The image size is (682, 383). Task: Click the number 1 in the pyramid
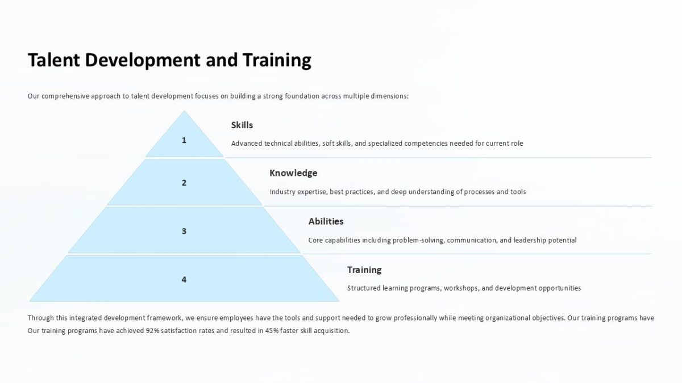click(x=184, y=140)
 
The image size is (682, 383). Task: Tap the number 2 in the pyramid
click(x=184, y=183)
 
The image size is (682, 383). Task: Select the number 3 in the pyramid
click(x=184, y=231)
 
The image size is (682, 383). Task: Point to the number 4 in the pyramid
click(x=184, y=279)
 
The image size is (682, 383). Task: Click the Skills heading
click(x=242, y=125)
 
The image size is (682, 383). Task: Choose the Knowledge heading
click(x=293, y=173)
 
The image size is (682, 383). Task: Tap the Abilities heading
click(x=326, y=221)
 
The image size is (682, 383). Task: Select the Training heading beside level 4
click(x=364, y=270)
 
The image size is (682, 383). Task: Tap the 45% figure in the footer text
click(x=272, y=331)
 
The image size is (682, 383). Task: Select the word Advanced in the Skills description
click(x=247, y=144)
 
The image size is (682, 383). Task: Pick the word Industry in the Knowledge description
click(x=282, y=192)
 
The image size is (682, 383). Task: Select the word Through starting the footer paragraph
click(x=41, y=318)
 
